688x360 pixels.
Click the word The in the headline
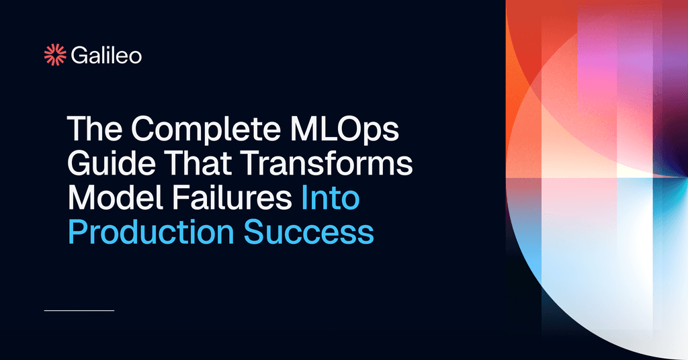[90, 130]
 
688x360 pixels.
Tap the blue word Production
[151, 233]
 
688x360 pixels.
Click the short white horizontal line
[79, 310]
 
